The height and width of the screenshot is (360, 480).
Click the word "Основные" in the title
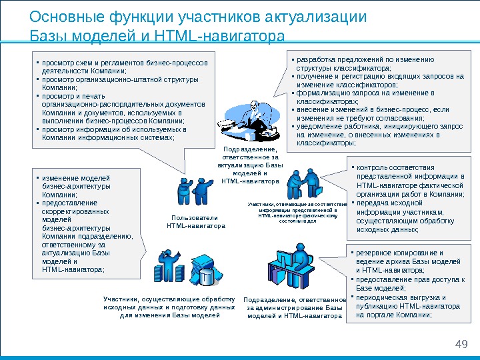(x=61, y=17)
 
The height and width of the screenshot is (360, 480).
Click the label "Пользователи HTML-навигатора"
(x=195, y=221)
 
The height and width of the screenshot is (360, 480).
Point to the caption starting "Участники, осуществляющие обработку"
(x=169, y=307)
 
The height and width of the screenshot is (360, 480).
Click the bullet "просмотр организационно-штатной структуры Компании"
(x=120, y=83)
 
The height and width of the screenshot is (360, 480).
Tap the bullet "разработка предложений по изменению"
(x=364, y=63)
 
